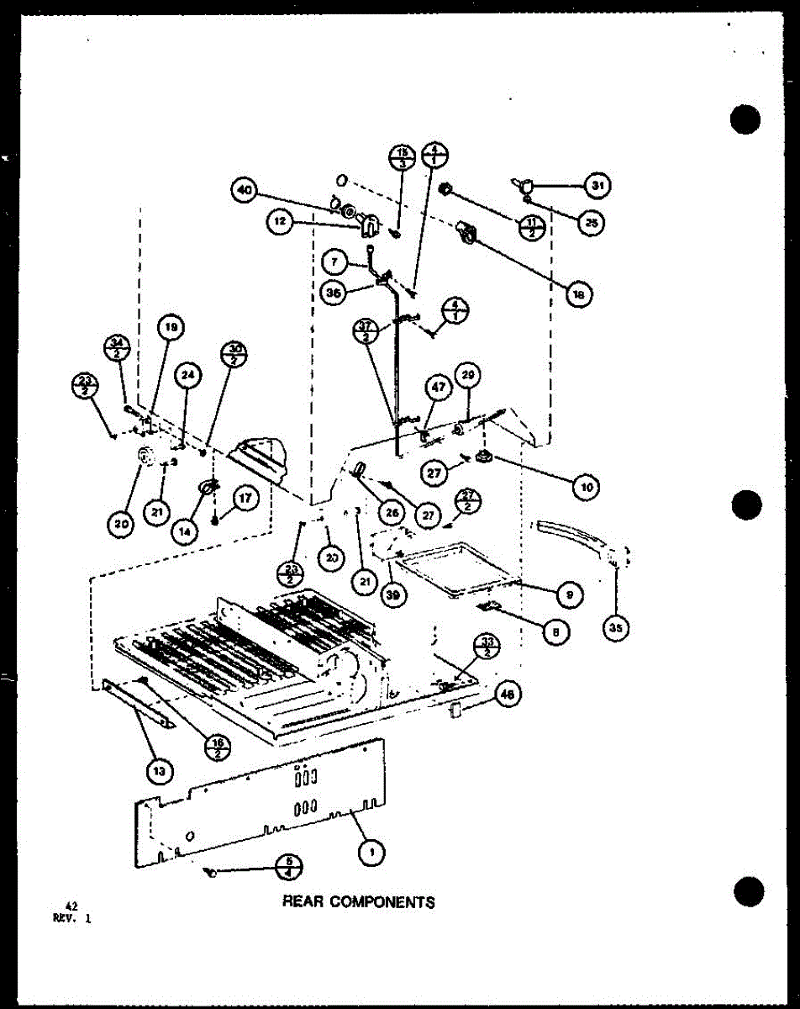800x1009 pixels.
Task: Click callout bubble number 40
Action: [244, 191]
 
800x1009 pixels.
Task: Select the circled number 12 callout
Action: [279, 223]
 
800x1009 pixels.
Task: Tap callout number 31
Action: [598, 184]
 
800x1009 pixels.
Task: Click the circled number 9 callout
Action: [569, 594]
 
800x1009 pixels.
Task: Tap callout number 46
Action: [507, 695]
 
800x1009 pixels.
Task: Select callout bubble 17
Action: [245, 498]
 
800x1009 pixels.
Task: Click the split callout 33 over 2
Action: [488, 646]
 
